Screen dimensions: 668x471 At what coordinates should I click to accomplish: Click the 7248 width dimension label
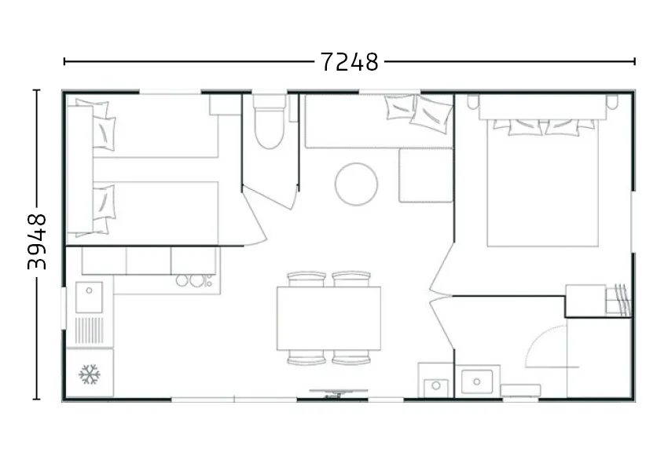[349, 62]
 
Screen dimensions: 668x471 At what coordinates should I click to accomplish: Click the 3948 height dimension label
[37, 242]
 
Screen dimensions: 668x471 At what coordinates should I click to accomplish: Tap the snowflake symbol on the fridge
[90, 374]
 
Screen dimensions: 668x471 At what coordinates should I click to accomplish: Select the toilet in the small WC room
[269, 122]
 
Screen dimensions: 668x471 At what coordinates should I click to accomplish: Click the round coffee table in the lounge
[356, 184]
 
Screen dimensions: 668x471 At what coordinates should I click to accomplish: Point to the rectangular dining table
[328, 318]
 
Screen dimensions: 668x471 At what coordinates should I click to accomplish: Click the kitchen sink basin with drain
[89, 298]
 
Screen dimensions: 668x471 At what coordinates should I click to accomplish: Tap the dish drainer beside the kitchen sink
[89, 330]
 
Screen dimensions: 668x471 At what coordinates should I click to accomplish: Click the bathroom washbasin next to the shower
[477, 382]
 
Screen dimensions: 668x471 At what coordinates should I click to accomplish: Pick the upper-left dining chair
[306, 279]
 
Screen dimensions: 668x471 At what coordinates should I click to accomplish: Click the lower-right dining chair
[351, 357]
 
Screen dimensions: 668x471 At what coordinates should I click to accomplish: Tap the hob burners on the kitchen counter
[195, 281]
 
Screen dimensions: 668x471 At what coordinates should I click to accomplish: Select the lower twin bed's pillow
[104, 203]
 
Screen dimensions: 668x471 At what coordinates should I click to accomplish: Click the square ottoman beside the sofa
[426, 175]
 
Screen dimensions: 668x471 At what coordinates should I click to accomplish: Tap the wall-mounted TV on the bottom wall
[338, 393]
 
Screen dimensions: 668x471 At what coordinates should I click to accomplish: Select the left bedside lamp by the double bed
[473, 102]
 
